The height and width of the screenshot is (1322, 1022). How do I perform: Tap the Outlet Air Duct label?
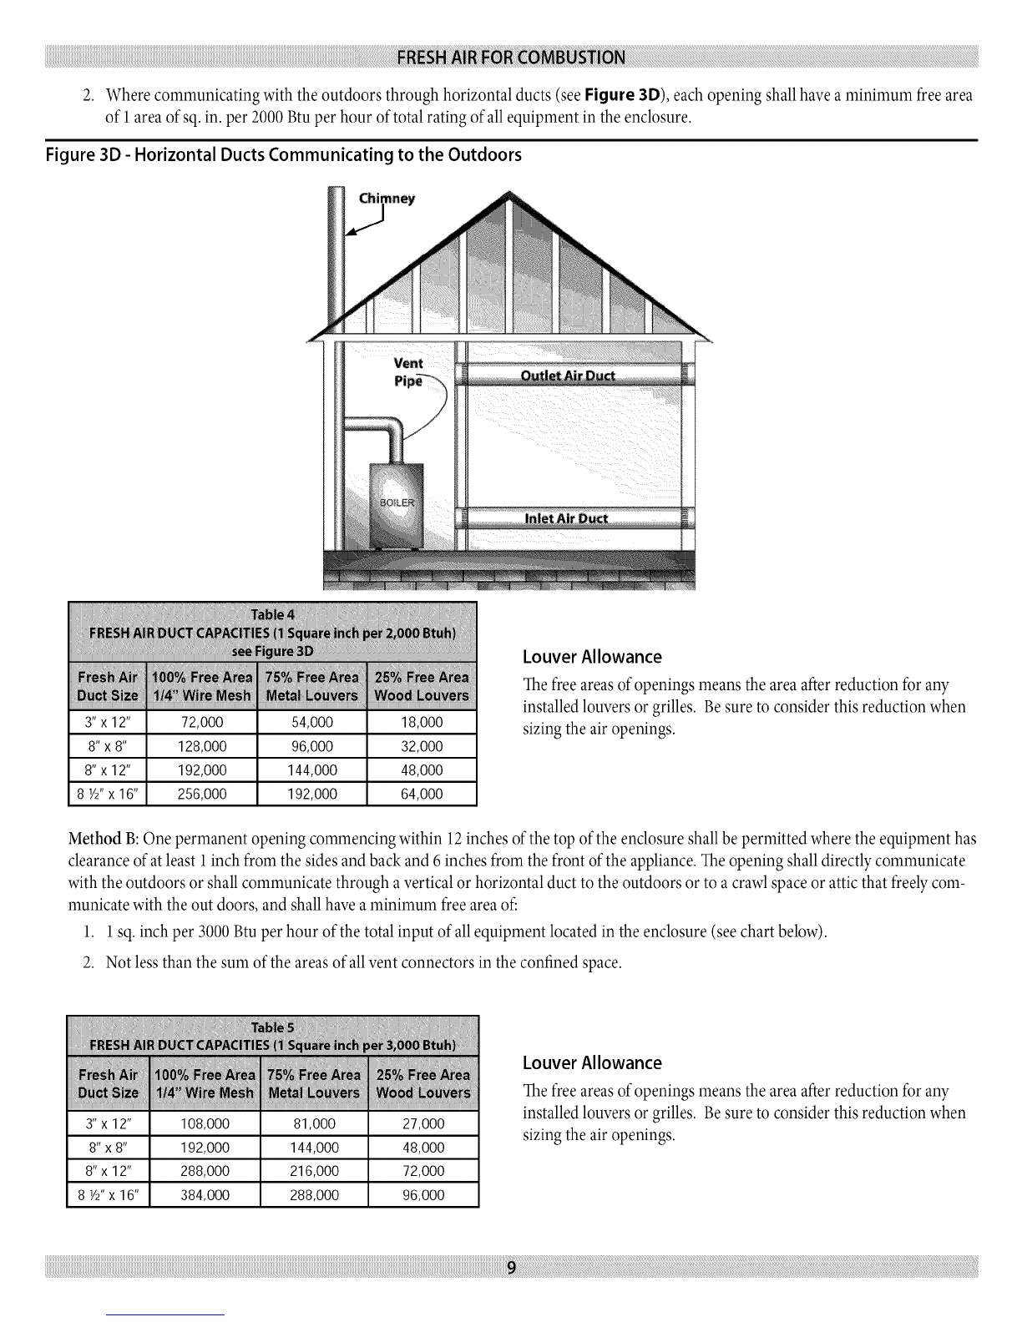[x=568, y=375]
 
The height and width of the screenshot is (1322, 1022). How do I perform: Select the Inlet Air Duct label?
[x=568, y=518]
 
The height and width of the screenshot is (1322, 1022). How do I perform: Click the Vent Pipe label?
[x=408, y=371]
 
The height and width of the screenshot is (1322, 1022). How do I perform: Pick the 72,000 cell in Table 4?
[x=203, y=722]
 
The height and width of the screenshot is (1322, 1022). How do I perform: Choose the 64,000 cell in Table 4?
[x=422, y=794]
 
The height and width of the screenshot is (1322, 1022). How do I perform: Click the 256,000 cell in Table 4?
[x=203, y=794]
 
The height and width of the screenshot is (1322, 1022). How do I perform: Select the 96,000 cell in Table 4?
[x=312, y=746]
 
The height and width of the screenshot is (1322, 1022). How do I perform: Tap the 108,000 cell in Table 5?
[x=205, y=1123]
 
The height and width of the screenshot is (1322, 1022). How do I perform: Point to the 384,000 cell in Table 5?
[x=205, y=1195]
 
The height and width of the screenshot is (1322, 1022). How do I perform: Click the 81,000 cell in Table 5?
[x=314, y=1123]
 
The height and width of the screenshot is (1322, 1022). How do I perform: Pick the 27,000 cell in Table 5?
[x=423, y=1123]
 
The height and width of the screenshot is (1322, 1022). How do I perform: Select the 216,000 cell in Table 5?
[x=314, y=1171]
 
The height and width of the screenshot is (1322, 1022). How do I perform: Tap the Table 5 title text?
[x=272, y=1026]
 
